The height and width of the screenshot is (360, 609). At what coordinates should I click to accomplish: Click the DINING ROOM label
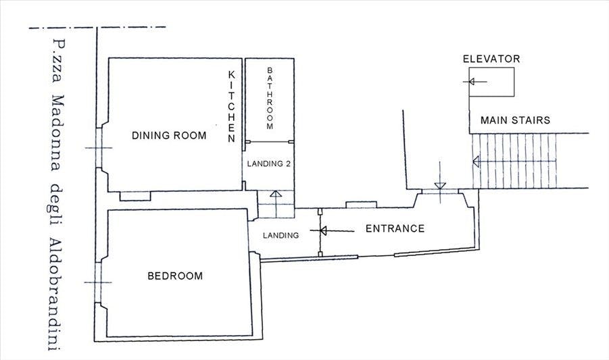pyautogui.click(x=169, y=135)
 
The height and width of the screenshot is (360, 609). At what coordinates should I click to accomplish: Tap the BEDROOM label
pyautogui.click(x=175, y=276)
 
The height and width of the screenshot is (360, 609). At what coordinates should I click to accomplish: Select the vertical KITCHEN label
pyautogui.click(x=231, y=106)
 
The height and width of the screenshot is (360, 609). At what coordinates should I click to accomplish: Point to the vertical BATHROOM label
pyautogui.click(x=270, y=98)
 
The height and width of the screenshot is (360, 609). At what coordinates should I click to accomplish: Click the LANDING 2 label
pyautogui.click(x=269, y=163)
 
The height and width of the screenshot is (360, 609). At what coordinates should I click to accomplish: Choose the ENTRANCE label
pyautogui.click(x=395, y=228)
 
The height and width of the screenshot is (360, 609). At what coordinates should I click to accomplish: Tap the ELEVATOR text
pyautogui.click(x=491, y=59)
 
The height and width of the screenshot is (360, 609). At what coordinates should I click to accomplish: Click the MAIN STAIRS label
pyautogui.click(x=516, y=120)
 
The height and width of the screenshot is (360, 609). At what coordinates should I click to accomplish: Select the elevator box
pyautogui.click(x=491, y=82)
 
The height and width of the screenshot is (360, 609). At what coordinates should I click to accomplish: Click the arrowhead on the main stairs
pyautogui.click(x=476, y=161)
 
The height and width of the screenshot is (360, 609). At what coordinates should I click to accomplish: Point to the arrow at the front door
pyautogui.click(x=439, y=182)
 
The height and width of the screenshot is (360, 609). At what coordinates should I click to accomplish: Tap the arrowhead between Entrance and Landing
pyautogui.click(x=323, y=231)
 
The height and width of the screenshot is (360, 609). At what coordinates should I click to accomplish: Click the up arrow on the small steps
pyautogui.click(x=276, y=204)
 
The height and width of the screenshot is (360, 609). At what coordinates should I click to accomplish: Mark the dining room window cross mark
pyautogui.click(x=99, y=148)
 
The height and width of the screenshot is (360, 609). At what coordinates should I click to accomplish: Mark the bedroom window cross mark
pyautogui.click(x=98, y=282)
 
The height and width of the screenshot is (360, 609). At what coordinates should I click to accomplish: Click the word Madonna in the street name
pyautogui.click(x=57, y=132)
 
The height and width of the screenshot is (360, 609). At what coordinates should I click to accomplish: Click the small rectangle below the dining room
pyautogui.click(x=135, y=197)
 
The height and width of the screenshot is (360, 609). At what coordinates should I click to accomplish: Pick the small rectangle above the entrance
pyautogui.click(x=361, y=205)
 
